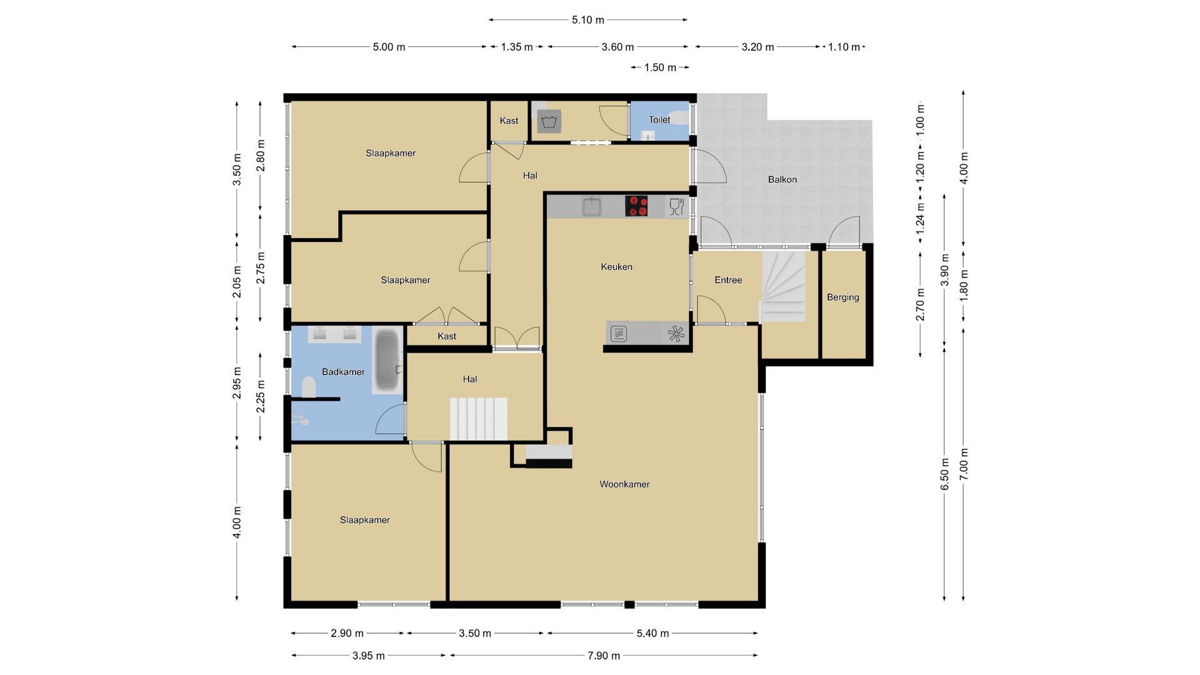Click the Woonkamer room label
point(624,484)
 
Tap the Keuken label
point(616,267)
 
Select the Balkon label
point(782,179)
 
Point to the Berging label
point(842,297)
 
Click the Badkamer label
point(343,372)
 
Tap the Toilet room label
point(659,119)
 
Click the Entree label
point(728,280)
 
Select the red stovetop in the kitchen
point(636,206)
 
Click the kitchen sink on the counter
point(592,206)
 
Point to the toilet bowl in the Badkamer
point(309,387)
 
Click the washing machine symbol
point(549,121)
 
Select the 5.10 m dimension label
point(587,20)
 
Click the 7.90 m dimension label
point(603,656)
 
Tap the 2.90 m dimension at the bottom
point(347,633)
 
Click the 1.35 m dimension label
point(517,47)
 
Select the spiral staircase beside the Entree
point(782,286)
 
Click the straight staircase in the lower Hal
point(478,419)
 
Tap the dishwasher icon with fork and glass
point(676,206)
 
